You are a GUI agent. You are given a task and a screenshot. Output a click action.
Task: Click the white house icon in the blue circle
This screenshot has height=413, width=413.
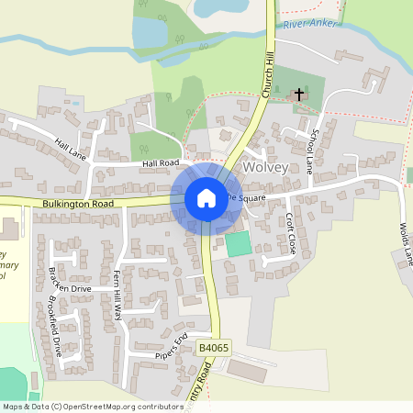point(206,197)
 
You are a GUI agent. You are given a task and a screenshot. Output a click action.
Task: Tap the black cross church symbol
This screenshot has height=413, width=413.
point(298,94)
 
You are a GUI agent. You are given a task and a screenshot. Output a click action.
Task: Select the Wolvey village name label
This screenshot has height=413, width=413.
point(266,169)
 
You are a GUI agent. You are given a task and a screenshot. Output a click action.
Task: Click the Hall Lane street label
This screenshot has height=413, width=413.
point(71,147)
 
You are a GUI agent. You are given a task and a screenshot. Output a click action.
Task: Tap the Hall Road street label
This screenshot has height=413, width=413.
point(160,162)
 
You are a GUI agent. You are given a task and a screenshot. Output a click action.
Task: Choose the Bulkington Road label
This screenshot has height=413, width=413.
point(77,203)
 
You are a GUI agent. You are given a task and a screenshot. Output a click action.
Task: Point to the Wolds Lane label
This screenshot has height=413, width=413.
point(404,244)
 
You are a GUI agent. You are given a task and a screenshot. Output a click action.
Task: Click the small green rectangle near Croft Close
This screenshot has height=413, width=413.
point(238,244)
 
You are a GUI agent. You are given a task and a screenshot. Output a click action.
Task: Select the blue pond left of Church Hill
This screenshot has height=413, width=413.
point(150,34)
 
